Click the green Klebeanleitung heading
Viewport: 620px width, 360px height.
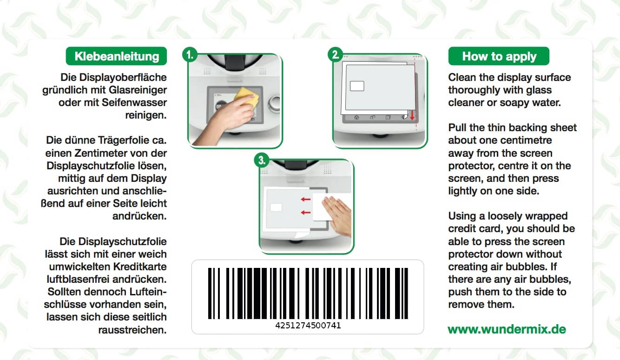point(117,56)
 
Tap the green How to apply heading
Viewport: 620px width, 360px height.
point(499,56)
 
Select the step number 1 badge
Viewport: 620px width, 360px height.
point(189,54)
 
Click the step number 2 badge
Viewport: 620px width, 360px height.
point(335,54)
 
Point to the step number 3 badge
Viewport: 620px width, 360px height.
point(261,160)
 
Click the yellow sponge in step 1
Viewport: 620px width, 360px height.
point(247,96)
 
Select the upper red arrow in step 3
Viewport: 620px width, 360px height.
point(305,200)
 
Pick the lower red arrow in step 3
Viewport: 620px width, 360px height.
point(305,213)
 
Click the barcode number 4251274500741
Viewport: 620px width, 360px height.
point(308,326)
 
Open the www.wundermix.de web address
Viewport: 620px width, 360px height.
point(507,329)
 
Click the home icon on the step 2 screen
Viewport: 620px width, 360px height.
point(356,118)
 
